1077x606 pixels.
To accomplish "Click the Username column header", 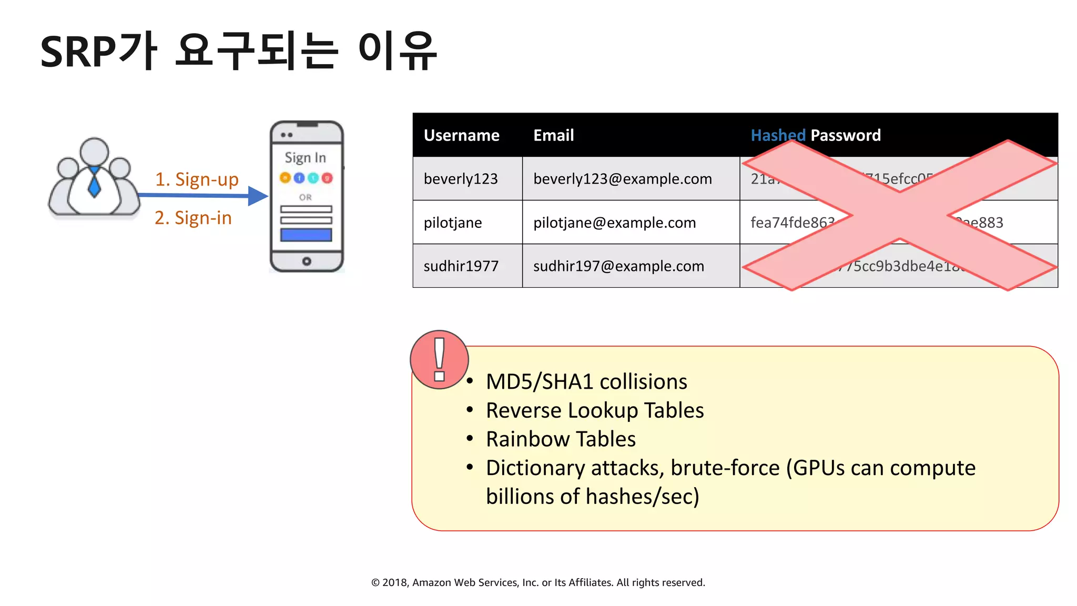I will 461,135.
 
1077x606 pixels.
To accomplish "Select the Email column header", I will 553,135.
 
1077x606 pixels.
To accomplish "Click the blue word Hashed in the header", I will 777,135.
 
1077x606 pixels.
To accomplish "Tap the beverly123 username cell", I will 461,179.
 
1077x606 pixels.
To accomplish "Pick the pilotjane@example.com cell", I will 614,223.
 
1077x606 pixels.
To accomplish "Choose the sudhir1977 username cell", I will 461,266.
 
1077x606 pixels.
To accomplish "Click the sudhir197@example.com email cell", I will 618,266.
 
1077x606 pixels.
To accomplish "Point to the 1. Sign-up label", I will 197,179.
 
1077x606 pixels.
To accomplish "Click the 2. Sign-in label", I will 193,218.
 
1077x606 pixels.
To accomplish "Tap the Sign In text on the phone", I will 306,157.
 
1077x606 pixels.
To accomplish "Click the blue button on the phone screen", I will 306,235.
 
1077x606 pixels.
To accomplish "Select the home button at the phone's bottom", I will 307,261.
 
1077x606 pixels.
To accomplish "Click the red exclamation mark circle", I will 439,360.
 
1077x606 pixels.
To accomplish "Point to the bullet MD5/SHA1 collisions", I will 586,381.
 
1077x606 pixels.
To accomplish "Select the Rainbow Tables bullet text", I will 561,439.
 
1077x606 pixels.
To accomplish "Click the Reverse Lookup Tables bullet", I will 594,410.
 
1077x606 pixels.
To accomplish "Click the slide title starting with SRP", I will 239,51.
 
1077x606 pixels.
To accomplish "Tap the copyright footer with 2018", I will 538,582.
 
